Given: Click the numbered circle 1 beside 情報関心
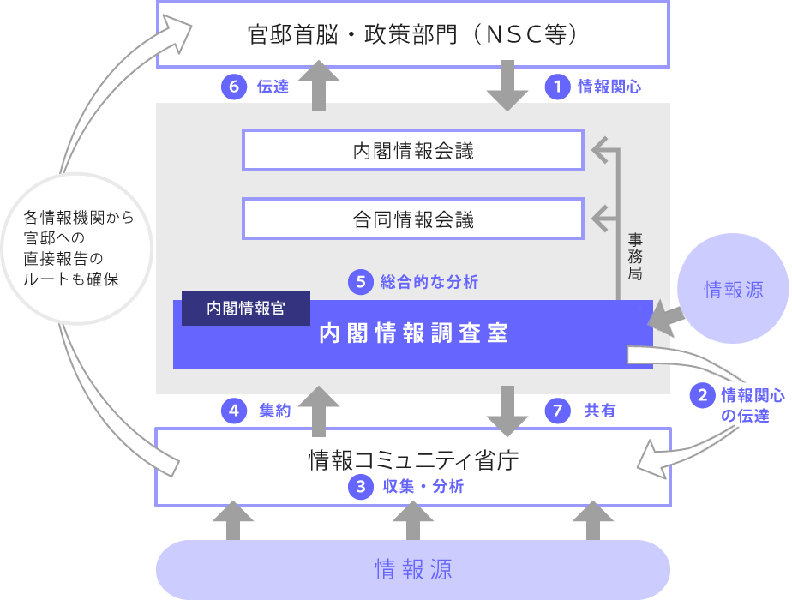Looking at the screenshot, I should (x=558, y=87).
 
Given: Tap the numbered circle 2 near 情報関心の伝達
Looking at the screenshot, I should (x=703, y=395).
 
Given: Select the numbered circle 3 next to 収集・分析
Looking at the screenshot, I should (x=361, y=486).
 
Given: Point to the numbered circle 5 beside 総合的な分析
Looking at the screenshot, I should (x=361, y=281).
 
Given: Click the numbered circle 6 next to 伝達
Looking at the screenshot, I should (x=233, y=87).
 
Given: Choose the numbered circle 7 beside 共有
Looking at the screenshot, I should (x=558, y=411).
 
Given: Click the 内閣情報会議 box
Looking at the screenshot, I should (x=413, y=151).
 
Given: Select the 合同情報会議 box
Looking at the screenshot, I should (x=413, y=219).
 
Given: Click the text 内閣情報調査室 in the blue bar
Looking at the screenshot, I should (x=413, y=334).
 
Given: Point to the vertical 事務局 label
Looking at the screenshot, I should (x=634, y=256).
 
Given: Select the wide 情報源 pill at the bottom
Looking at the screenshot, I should (x=413, y=569).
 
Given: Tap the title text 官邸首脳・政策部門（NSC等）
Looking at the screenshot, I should (x=413, y=35).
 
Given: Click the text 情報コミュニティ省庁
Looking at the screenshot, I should (x=413, y=461).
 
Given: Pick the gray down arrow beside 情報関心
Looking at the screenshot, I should (x=507, y=86).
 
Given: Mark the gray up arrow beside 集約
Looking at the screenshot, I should (x=319, y=411).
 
